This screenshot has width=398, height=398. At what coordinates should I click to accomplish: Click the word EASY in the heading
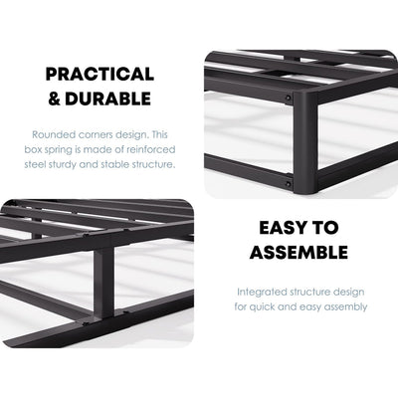tap(281, 228)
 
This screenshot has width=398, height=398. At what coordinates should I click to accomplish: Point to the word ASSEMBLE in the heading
tap(298, 252)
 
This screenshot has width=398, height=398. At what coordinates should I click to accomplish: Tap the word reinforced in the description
tap(151, 148)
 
